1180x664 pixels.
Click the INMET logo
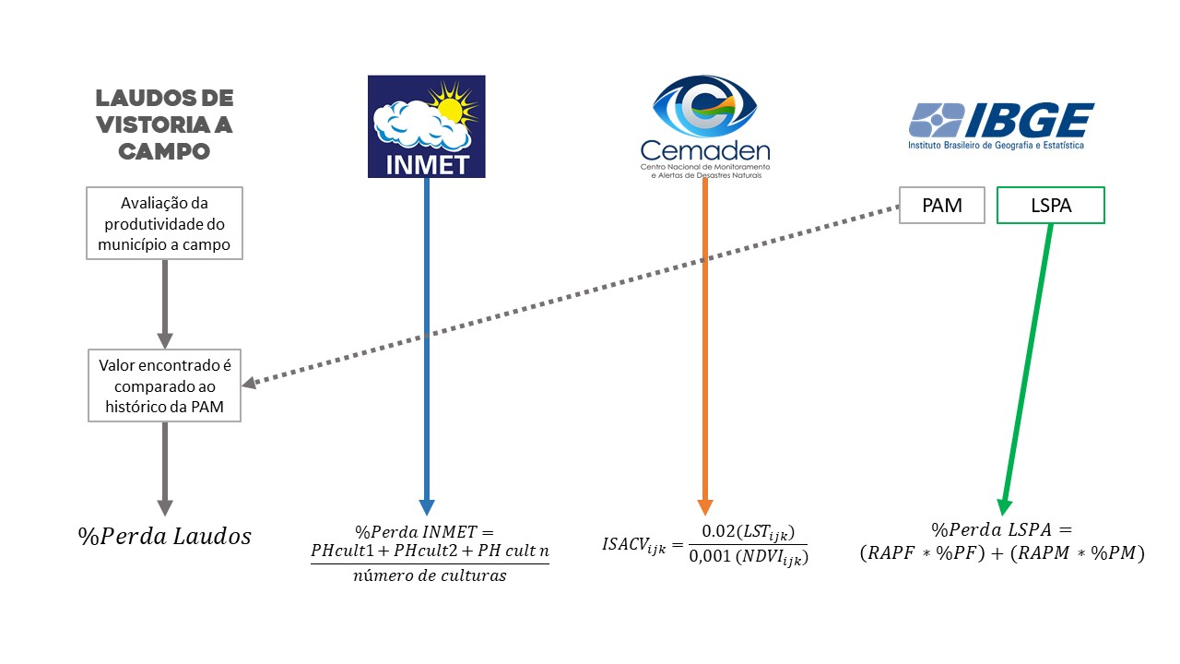426,126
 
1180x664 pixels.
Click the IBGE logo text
1030,120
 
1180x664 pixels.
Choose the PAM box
942,206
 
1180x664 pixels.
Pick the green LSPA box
1050,206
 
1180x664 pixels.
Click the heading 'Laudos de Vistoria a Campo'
165,125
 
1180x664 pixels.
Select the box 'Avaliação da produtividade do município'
164,223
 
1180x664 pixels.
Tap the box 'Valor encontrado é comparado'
164,385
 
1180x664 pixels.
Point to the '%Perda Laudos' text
165,536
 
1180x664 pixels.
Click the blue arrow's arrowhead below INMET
426,506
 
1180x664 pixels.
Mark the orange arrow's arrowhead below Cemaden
705,506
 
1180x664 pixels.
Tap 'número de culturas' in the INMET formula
429,576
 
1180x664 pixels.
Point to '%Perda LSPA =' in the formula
1002,530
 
